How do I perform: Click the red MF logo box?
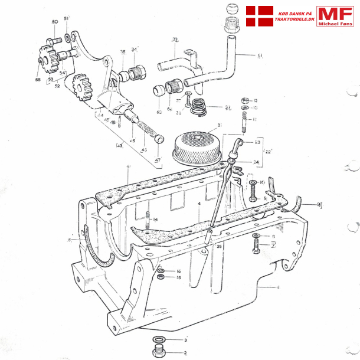coord(335,16)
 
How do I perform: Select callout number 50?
coord(54,22)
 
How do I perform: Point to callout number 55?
coord(38,79)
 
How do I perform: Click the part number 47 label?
coord(157,160)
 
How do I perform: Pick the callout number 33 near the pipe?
coord(175,40)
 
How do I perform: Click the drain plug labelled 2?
coord(158,353)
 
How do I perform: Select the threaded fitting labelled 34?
coord(138,73)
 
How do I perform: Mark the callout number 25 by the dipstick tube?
coord(219,246)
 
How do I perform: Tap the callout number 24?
coord(256,161)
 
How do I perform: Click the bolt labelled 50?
coord(56,40)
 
